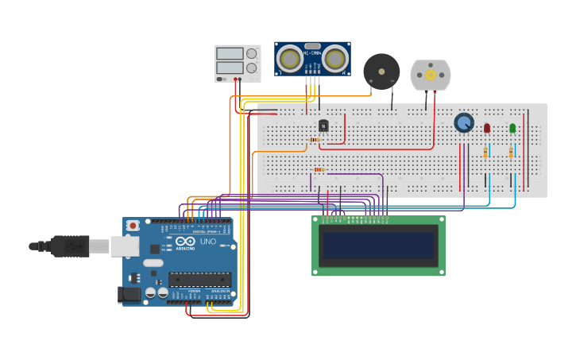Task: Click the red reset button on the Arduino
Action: click(x=133, y=226)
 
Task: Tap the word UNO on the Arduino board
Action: click(x=207, y=242)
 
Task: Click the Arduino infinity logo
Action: click(x=185, y=241)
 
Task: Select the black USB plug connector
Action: click(x=71, y=246)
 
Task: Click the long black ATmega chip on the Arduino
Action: click(x=199, y=279)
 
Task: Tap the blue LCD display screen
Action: click(x=378, y=246)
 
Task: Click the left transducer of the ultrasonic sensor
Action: click(x=290, y=59)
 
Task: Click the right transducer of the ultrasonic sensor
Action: click(x=335, y=59)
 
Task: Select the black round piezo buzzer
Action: click(x=381, y=72)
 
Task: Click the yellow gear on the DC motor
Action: click(x=431, y=75)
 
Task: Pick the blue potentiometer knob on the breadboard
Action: click(x=464, y=122)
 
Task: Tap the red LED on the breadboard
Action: click(x=487, y=127)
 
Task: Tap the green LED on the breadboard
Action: click(x=512, y=127)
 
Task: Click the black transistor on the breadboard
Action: click(x=323, y=126)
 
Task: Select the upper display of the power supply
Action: click(x=230, y=54)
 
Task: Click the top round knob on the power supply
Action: click(x=252, y=54)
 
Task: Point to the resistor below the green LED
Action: click(x=511, y=152)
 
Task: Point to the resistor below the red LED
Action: click(x=485, y=152)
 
